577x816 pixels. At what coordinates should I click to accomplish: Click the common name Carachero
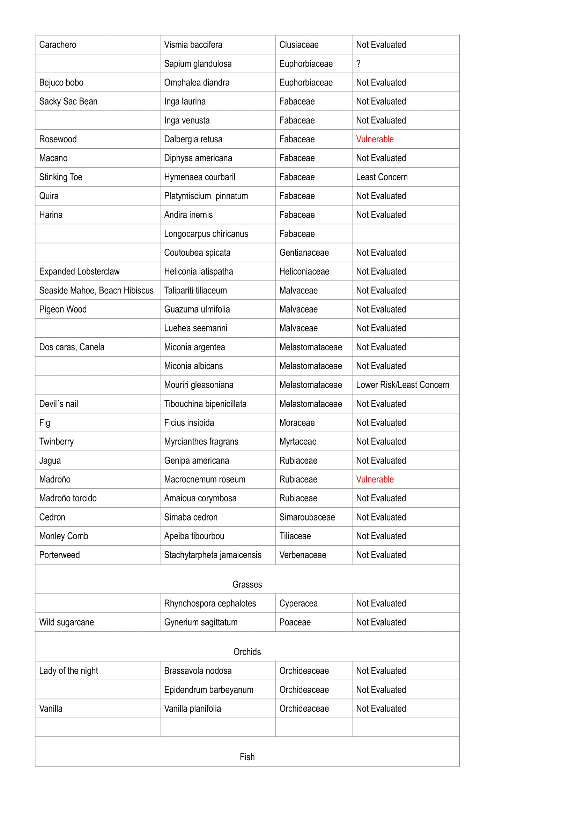pyautogui.click(x=58, y=45)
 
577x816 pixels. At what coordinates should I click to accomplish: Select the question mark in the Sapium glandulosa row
pyautogui.click(x=358, y=63)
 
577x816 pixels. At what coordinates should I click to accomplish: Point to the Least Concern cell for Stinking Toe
pyautogui.click(x=382, y=177)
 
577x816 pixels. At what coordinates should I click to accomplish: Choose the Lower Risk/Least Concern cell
pyautogui.click(x=402, y=385)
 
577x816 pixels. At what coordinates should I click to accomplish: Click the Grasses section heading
pyautogui.click(x=247, y=584)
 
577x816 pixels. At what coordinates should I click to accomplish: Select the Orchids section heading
pyautogui.click(x=247, y=652)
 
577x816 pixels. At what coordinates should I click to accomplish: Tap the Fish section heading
pyautogui.click(x=247, y=757)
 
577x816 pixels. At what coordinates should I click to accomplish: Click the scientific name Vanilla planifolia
pyautogui.click(x=192, y=709)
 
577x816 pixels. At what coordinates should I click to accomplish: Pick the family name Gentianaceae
pyautogui.click(x=304, y=253)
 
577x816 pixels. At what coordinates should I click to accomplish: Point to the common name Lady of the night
pyautogui.click(x=69, y=671)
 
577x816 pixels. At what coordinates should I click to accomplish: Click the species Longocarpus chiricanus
pyautogui.click(x=206, y=234)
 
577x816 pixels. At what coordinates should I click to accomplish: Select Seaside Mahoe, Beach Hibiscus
pyautogui.click(x=96, y=290)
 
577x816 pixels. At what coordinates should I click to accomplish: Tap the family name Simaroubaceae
pyautogui.click(x=307, y=517)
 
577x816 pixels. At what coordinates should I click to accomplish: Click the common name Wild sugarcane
pyautogui.click(x=66, y=622)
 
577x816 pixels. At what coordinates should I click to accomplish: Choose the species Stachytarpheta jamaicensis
pyautogui.click(x=213, y=555)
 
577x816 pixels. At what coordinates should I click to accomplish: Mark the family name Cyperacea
pyautogui.click(x=298, y=604)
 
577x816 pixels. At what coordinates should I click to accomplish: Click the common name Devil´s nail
pyautogui.click(x=59, y=404)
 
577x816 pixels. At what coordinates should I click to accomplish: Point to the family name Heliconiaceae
pyautogui.click(x=304, y=271)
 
